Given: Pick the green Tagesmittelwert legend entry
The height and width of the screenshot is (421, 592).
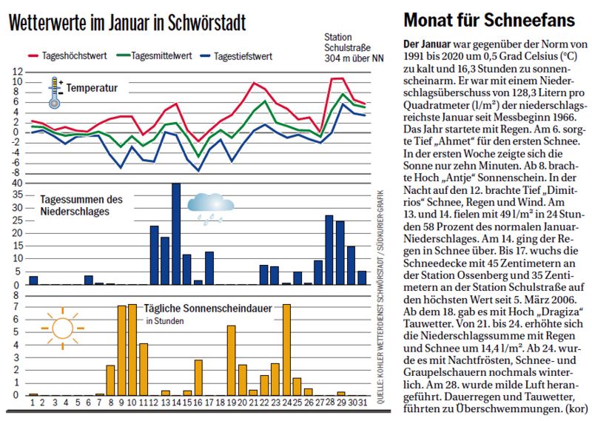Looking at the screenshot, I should pyautogui.click(x=155, y=55).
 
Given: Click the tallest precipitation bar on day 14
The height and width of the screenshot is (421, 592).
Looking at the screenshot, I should pyautogui.click(x=176, y=234).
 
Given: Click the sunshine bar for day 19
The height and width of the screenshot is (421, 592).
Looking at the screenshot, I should pyautogui.click(x=231, y=360).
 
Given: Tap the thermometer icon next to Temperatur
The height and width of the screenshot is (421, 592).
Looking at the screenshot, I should pyautogui.click(x=55, y=92).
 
